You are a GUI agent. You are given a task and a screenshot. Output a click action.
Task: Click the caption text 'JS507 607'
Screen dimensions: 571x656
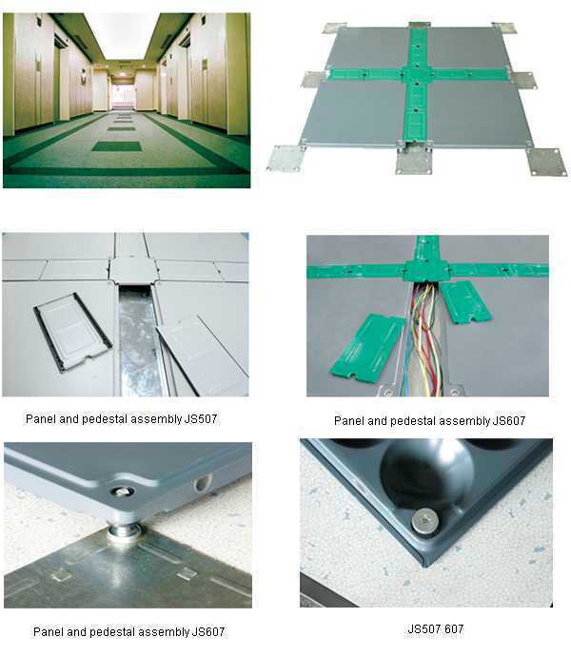click(x=435, y=628)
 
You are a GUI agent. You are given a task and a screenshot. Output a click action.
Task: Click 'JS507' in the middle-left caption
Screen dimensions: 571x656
click(x=201, y=418)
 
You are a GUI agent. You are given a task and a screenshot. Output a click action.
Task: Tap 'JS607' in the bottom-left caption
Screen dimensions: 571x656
click(x=208, y=631)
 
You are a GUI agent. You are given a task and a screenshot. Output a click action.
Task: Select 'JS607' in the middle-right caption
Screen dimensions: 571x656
click(x=508, y=420)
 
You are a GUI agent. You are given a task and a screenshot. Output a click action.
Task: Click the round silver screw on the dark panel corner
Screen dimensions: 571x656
click(x=424, y=521)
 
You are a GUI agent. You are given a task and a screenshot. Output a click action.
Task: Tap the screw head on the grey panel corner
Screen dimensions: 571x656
click(x=122, y=492)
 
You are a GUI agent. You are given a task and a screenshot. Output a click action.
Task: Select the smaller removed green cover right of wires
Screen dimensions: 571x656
click(x=464, y=301)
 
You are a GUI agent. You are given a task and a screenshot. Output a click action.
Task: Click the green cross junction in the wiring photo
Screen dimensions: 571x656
click(x=425, y=270)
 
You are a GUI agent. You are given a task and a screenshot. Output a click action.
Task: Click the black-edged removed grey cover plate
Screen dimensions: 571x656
click(x=72, y=332)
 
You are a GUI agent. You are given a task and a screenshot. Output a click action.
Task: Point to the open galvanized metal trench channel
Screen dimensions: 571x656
click(x=139, y=341)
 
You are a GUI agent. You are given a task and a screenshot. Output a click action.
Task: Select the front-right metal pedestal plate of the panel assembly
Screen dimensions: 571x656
click(x=546, y=161)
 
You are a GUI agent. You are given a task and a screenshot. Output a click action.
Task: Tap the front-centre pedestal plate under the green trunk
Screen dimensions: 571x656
click(x=414, y=161)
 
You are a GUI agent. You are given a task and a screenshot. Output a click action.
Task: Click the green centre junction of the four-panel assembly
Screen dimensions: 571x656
click(x=417, y=75)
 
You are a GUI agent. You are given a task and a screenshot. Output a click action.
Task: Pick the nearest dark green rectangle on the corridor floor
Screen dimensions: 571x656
click(x=117, y=146)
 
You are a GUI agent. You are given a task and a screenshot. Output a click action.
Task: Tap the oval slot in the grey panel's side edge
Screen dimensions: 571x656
click(x=203, y=483)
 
